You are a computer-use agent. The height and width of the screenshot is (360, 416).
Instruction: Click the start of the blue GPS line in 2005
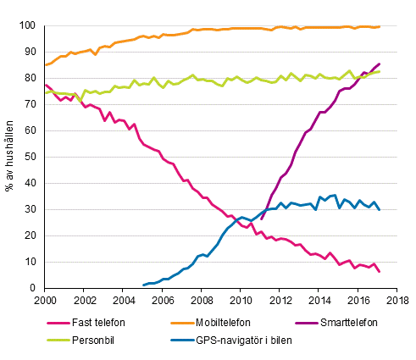click(143, 285)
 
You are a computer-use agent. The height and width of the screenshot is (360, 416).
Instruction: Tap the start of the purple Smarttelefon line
click(261, 219)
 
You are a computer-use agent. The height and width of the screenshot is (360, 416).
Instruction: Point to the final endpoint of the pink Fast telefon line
click(380, 271)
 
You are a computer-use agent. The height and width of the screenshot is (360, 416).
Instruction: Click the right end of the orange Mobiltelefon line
click(380, 26)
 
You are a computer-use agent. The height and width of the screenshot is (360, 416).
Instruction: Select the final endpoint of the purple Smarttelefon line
click(380, 64)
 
